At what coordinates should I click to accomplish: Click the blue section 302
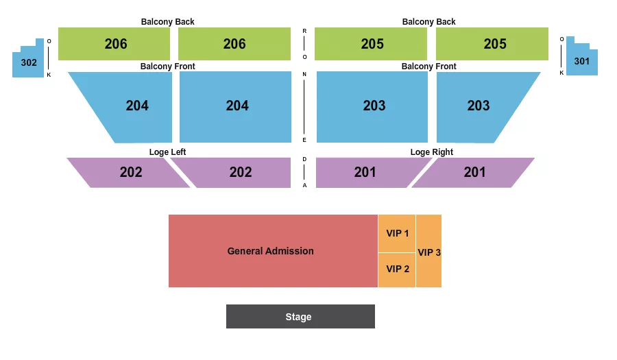click(28, 62)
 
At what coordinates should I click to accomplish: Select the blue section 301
click(582, 61)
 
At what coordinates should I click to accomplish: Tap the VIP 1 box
click(397, 233)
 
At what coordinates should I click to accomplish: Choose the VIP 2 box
click(397, 269)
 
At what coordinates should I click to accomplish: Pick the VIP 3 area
click(429, 252)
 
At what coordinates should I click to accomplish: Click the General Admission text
click(270, 251)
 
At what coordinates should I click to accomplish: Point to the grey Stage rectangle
click(300, 317)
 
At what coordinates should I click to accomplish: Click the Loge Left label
click(167, 152)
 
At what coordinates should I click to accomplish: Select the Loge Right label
click(431, 152)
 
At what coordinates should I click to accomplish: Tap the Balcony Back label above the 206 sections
click(167, 22)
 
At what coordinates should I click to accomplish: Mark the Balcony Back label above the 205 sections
click(428, 22)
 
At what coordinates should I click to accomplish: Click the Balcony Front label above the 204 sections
click(167, 67)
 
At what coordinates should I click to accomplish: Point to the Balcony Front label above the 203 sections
click(428, 67)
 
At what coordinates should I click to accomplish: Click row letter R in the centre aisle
click(304, 31)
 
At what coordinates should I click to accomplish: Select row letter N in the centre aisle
click(304, 74)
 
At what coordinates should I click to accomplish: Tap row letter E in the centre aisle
click(304, 140)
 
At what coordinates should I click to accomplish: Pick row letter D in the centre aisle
click(304, 158)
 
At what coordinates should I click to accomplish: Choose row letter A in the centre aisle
click(304, 185)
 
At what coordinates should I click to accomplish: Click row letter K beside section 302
click(49, 75)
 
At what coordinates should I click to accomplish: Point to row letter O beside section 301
click(561, 39)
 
